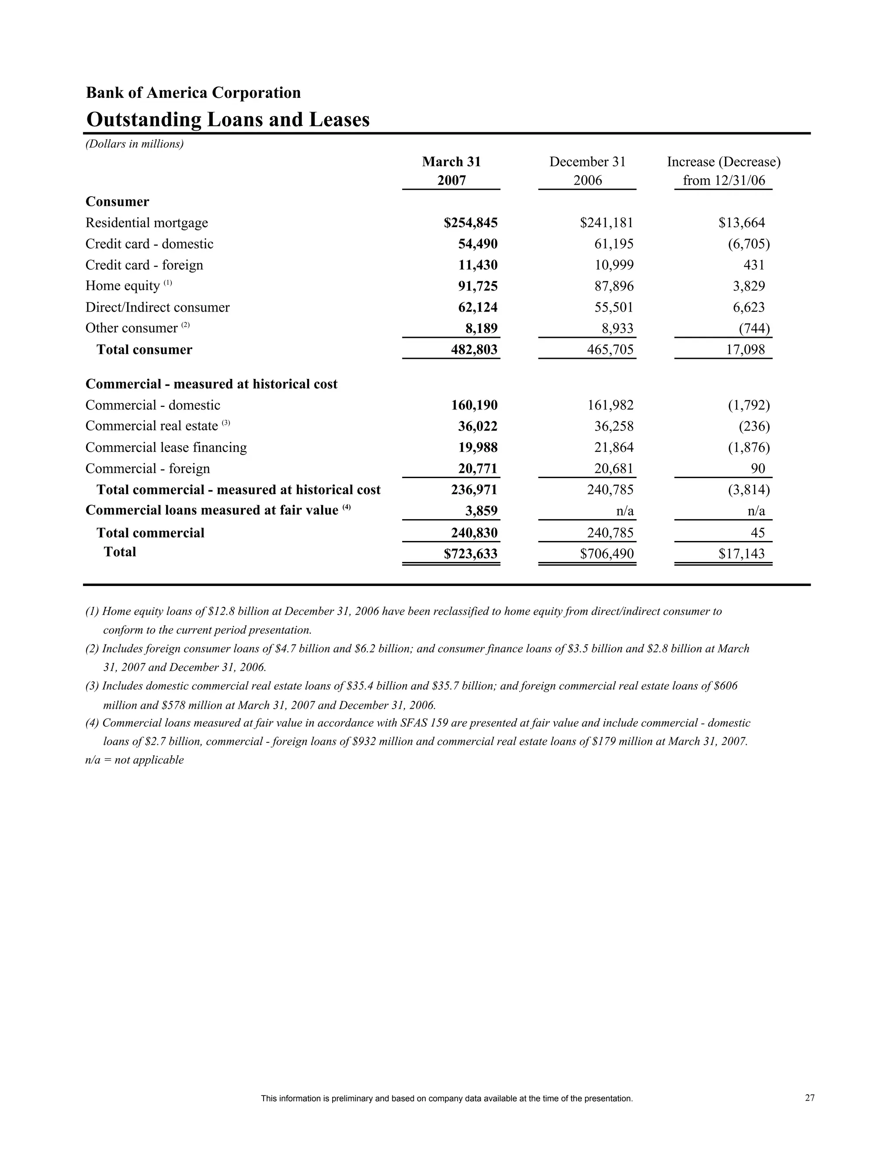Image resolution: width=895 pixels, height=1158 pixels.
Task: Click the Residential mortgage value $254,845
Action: click(470, 223)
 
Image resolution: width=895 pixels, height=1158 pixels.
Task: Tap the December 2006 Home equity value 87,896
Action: click(614, 286)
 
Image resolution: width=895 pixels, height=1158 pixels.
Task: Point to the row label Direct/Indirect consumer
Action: click(157, 308)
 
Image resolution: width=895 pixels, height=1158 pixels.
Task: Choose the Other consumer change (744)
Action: click(754, 329)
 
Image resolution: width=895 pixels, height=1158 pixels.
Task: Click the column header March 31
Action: click(451, 162)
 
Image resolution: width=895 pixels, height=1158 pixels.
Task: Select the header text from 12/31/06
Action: click(724, 181)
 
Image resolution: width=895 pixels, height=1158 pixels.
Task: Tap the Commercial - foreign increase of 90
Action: click(758, 469)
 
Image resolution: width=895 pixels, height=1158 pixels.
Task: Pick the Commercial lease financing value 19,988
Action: click(478, 447)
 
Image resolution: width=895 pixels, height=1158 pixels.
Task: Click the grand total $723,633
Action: click(470, 554)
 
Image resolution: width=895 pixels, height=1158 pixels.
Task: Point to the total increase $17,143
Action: click(741, 554)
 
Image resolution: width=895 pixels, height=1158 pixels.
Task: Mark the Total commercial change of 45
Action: click(758, 533)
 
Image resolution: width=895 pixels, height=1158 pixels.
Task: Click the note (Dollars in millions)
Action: click(135, 144)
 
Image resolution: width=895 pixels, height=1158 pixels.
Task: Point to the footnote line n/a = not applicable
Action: click(135, 760)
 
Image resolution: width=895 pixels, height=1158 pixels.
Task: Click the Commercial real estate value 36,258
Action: click(614, 426)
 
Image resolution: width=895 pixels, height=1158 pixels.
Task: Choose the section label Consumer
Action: click(117, 202)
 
